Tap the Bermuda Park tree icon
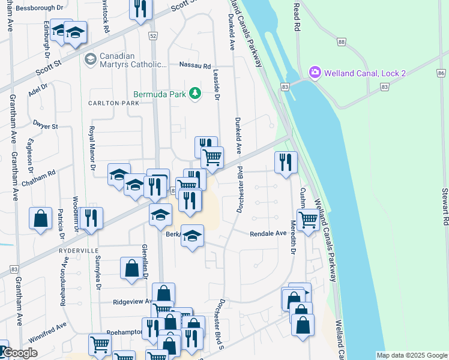(194, 93)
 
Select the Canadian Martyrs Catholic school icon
(91, 59)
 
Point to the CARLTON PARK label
(113, 103)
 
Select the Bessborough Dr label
(40, 8)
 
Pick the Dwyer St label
(46, 127)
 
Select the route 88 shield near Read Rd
(341, 42)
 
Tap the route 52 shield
(153, 36)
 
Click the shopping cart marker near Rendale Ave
(308, 220)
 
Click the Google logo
(20, 353)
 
